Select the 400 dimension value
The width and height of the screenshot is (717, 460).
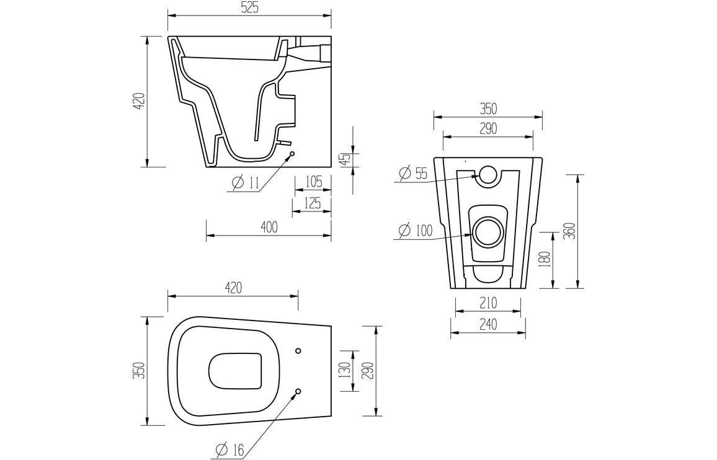[269, 228]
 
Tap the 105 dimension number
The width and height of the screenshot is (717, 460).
[313, 182]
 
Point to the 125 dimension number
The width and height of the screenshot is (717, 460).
[313, 203]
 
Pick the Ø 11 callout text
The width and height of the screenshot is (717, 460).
[246, 183]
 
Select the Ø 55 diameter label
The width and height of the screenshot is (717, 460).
[413, 174]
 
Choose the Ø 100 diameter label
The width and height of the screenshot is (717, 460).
[415, 231]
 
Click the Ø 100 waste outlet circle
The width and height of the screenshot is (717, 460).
[488, 232]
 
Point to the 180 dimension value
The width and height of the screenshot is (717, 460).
[545, 260]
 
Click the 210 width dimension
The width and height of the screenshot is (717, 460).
[488, 303]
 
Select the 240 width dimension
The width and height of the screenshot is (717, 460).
[488, 324]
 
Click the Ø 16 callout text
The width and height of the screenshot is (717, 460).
[230, 450]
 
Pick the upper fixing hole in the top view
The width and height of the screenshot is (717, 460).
[298, 351]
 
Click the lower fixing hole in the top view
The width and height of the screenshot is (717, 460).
[298, 391]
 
